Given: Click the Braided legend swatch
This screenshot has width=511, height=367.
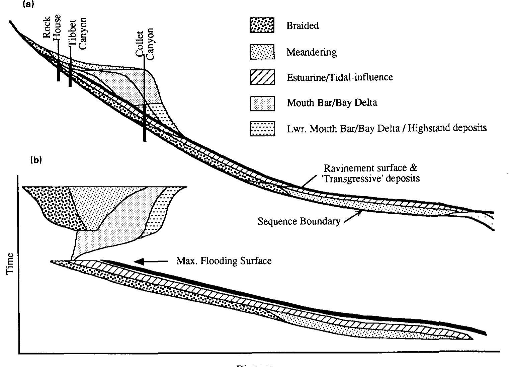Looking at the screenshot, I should point(262,25).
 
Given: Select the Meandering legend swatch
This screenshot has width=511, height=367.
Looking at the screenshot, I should point(262,52).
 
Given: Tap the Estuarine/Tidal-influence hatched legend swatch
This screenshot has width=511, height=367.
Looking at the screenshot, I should point(262,77).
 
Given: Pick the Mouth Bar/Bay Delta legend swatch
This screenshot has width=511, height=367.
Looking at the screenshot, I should point(262,103).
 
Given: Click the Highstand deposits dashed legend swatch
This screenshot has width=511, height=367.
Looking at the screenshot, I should point(262,129).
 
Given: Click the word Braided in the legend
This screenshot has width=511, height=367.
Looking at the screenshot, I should point(303,26).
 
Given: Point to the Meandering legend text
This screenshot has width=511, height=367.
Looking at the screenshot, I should point(311,52).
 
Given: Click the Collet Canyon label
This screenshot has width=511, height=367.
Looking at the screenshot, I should point(145,44).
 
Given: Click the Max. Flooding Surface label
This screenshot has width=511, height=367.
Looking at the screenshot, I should point(224,261).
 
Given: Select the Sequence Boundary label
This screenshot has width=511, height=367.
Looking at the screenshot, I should point(299,221).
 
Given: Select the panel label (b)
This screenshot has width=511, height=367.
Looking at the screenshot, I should point(36,160).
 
